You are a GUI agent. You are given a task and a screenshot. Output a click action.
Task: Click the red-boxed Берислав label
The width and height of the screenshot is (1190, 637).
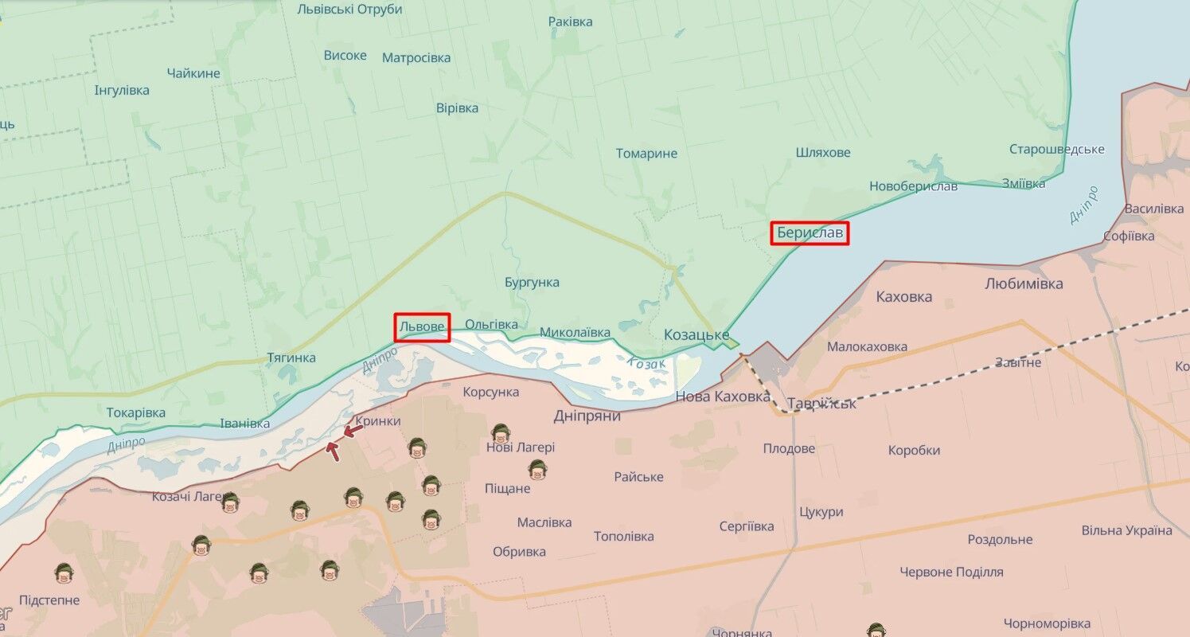point(809,233)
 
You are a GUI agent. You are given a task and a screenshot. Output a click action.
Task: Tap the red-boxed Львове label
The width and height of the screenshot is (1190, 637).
point(422,326)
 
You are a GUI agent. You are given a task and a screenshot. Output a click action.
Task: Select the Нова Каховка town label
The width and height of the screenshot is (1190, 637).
point(723,397)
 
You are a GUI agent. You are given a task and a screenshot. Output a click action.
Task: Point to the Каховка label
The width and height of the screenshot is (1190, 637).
point(903,297)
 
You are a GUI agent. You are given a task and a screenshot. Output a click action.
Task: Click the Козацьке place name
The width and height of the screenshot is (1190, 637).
point(696,335)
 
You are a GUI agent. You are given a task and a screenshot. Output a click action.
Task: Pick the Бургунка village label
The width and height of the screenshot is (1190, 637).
point(532,283)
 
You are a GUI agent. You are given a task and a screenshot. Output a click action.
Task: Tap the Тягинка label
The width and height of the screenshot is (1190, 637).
point(291,358)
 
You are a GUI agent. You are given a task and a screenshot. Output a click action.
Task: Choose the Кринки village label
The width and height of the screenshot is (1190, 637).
point(378,421)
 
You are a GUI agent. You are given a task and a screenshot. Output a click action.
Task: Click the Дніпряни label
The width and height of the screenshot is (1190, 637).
point(587,416)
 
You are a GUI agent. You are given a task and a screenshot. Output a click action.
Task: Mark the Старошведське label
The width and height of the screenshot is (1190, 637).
point(1056,150)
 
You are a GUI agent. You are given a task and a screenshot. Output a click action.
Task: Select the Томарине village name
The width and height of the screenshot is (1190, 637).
point(646,154)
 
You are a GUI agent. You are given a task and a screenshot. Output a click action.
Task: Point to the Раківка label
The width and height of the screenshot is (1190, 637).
point(570,21)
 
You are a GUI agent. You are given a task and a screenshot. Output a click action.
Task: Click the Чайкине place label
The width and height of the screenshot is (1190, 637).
point(193,73)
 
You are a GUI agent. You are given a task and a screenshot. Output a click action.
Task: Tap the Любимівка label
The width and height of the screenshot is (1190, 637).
point(1024,283)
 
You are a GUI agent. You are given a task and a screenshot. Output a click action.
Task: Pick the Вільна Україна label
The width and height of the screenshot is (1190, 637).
point(1126,530)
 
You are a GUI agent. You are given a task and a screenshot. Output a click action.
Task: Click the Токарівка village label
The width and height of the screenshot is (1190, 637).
point(136,412)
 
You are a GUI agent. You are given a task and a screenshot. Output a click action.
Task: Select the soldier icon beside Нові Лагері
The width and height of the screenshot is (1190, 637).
point(501,433)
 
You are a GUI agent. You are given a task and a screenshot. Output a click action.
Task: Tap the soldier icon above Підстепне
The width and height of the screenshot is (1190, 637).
point(64,573)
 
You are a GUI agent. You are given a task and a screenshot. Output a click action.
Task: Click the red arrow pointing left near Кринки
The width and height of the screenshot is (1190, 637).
point(353,431)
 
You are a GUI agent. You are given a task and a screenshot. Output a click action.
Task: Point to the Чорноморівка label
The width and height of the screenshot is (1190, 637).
point(1047,623)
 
